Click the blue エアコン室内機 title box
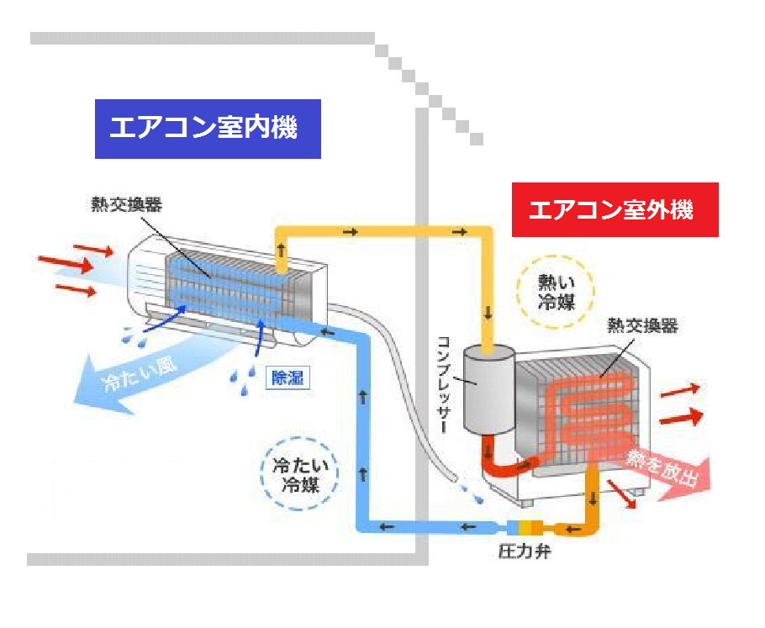[208, 129]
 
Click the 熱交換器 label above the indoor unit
[127, 204]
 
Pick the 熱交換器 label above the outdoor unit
[642, 327]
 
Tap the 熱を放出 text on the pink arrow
[664, 467]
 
